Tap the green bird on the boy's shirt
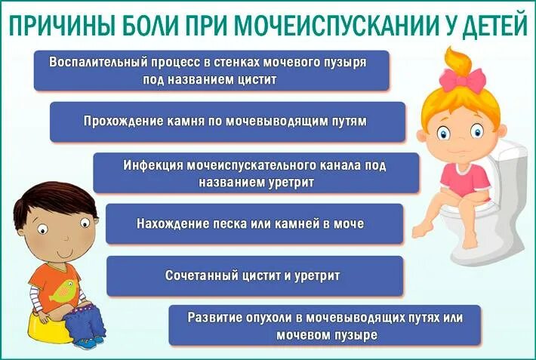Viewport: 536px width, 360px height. click(x=64, y=288)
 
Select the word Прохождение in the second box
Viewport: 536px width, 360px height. click(x=120, y=121)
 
